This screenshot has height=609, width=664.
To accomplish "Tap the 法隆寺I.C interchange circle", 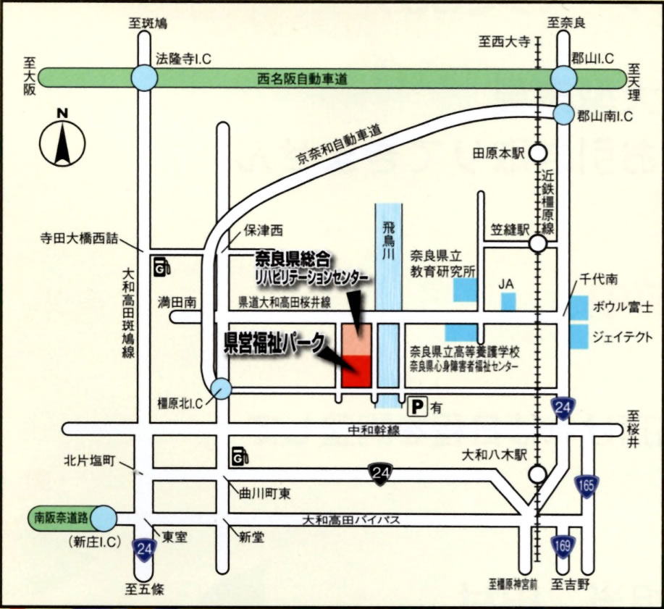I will (144, 77).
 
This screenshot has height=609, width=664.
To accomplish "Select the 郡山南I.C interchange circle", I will (564, 114).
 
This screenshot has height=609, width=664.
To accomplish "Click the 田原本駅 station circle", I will (537, 153).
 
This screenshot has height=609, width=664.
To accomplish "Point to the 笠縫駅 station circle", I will (537, 244).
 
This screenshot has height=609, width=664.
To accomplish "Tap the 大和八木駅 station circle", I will (537, 474).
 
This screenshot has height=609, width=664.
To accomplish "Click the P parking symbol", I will (417, 408).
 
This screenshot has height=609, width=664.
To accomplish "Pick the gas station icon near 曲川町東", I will (241, 456).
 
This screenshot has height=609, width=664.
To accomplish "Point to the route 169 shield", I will (561, 544).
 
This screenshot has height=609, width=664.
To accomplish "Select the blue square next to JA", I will (508, 301).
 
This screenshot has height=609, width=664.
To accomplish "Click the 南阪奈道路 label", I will (62, 518).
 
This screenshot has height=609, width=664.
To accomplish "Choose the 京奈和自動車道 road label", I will (338, 148).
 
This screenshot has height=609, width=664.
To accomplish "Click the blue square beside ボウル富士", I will (579, 308).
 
